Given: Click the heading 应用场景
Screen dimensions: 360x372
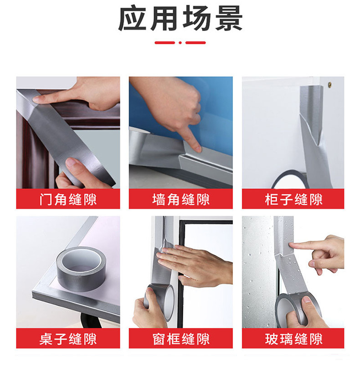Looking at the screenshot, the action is pyautogui.click(x=180, y=18).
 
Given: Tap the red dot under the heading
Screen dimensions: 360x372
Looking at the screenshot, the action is pyautogui.click(x=180, y=43).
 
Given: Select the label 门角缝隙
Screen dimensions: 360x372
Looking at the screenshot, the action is pyautogui.click(x=68, y=199).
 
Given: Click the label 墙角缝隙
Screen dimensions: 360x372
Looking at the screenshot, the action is pyautogui.click(x=181, y=199).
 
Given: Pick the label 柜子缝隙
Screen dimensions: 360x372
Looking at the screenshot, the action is pyautogui.click(x=293, y=199).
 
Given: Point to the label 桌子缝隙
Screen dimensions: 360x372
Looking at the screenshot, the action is pyautogui.click(x=68, y=339).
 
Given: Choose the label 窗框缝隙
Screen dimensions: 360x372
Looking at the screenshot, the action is pyautogui.click(x=181, y=339).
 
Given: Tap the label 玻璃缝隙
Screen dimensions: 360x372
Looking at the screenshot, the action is pyautogui.click(x=293, y=339).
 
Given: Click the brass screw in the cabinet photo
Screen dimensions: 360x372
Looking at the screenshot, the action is pyautogui.click(x=329, y=84).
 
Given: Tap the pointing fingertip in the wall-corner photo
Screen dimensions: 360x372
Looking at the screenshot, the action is pyautogui.click(x=197, y=149).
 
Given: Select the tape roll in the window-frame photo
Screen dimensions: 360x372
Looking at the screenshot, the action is pyautogui.click(x=159, y=301).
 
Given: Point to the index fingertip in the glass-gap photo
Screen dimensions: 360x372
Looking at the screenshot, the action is pyautogui.click(x=292, y=245).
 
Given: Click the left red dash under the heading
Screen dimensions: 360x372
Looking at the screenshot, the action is pyautogui.click(x=165, y=43).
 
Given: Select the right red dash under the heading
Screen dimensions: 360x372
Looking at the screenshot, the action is pyautogui.click(x=195, y=43).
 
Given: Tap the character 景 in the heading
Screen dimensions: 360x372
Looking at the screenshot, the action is pyautogui.click(x=229, y=18).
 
